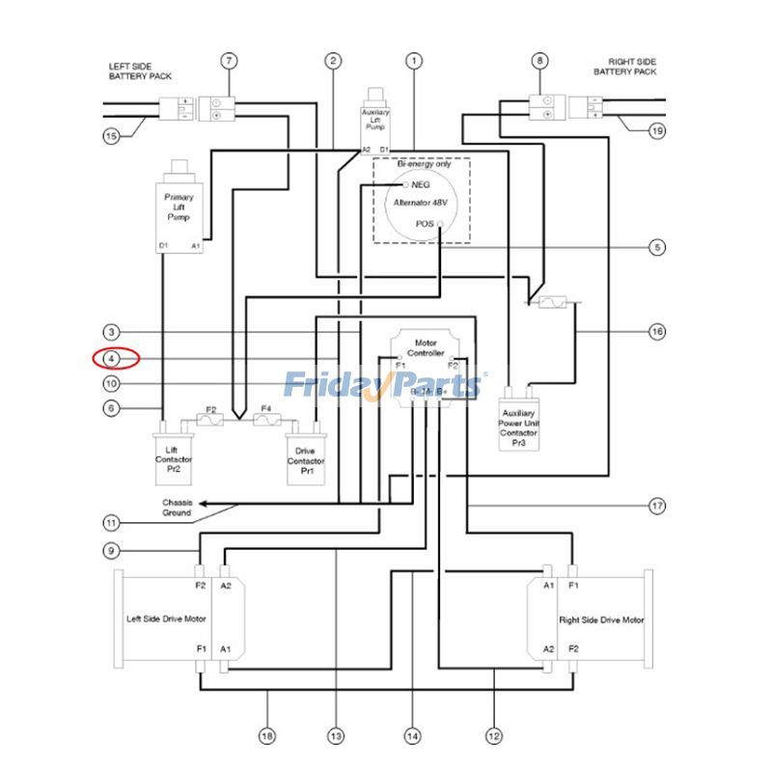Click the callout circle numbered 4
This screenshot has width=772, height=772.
coord(112,359)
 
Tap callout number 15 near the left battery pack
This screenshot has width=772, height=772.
coord(112,136)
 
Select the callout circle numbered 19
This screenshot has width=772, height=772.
coord(657,130)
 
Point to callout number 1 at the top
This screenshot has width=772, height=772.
coord(414,61)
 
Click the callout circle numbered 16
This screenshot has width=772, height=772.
coord(657,332)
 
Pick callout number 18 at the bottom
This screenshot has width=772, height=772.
coord(267,736)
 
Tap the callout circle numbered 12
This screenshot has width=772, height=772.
coord(494,736)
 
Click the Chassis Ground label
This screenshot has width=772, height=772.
coord(176,508)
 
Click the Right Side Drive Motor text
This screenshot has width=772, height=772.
coord(600,620)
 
